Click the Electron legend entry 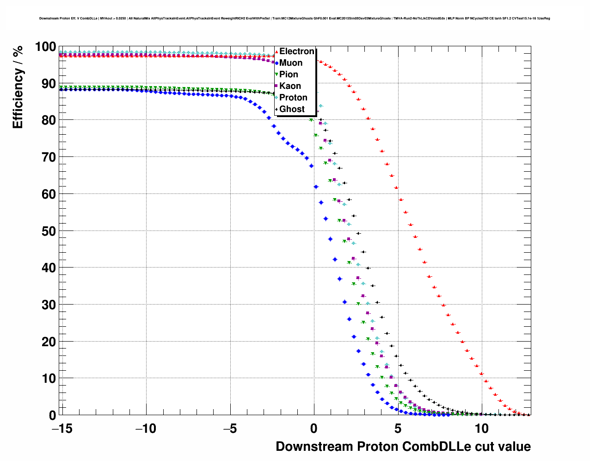[x=296, y=51]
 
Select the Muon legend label [x=291, y=63]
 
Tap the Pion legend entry [x=289, y=75]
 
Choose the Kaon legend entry [x=290, y=86]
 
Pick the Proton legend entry [x=293, y=98]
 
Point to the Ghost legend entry [x=292, y=109]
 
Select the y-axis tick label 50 [x=49, y=231]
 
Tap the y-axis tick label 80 [x=49, y=120]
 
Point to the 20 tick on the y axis [x=49, y=342]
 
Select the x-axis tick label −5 [x=230, y=429]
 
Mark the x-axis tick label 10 [x=482, y=429]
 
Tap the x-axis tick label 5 [x=398, y=429]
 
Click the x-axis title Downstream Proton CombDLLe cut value [x=403, y=447]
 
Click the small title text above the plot [x=294, y=19]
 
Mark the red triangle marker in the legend [x=277, y=51]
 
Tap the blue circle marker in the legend [x=277, y=63]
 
